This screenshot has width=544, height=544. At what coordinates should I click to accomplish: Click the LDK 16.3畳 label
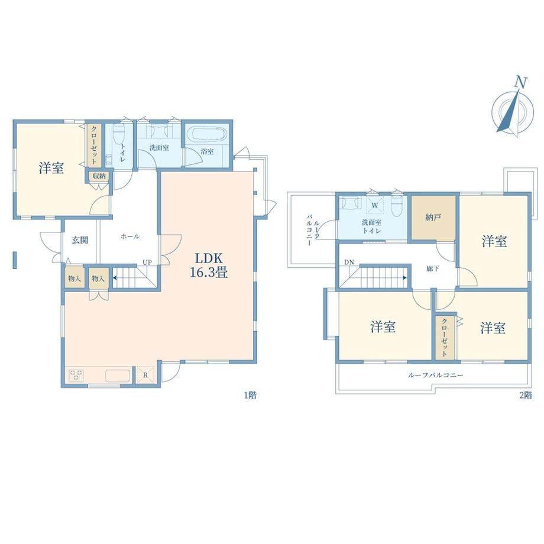click(209, 265)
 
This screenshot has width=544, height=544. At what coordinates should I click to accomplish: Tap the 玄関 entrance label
click(80, 239)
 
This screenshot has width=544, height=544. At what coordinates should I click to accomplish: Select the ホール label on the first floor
click(130, 237)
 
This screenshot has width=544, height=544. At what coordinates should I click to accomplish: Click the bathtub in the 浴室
click(206, 135)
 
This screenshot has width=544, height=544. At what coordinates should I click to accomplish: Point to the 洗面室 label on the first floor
click(159, 148)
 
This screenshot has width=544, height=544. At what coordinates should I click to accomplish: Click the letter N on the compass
click(520, 82)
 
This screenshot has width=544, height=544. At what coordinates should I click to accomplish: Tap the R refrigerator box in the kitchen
click(145, 375)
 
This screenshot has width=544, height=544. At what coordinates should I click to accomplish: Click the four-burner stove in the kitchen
click(77, 375)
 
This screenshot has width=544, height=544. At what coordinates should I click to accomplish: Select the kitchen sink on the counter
click(118, 375)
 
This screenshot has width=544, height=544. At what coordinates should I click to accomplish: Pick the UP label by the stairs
click(147, 263)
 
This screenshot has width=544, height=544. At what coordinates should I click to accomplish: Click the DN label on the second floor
click(349, 263)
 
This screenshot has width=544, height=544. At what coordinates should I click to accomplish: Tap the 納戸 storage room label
click(433, 218)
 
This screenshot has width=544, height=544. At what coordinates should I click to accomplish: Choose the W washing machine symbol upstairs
click(375, 205)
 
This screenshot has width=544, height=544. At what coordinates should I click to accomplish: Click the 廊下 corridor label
click(433, 268)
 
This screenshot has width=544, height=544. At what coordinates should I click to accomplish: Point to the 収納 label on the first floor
click(99, 176)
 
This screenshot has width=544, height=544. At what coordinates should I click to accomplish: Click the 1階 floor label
click(250, 395)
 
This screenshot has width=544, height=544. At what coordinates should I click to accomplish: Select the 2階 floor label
click(525, 395)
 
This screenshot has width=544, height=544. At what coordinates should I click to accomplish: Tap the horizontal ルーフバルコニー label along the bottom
click(435, 375)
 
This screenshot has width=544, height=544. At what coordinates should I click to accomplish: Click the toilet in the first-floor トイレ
click(119, 134)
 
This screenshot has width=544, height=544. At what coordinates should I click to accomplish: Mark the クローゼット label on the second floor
click(445, 337)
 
